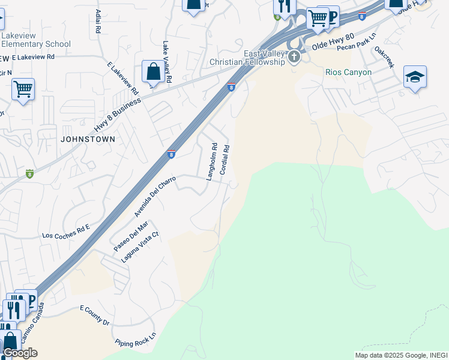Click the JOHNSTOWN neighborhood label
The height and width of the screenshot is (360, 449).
tap(87, 139)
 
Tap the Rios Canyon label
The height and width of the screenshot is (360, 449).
tap(348, 72)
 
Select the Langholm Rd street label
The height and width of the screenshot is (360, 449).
tap(211, 161)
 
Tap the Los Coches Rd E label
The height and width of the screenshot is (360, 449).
tap(65, 232)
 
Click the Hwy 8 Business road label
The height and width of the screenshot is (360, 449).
tap(117, 115)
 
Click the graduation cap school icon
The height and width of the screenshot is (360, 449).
tap(415, 77)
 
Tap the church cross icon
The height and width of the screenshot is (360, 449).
tap(294, 58)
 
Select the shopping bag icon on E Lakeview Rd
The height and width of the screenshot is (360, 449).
tap(154, 71)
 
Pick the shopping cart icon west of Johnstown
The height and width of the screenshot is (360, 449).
tap(23, 89)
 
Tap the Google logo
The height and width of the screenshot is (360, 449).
tap(20, 353)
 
